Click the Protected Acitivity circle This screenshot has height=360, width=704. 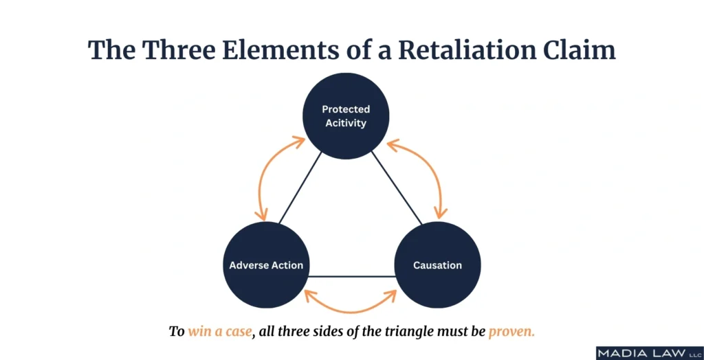346,116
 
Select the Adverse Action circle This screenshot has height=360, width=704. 266,265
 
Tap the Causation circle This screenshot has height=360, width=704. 437,265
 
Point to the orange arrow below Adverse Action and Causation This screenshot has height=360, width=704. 351,311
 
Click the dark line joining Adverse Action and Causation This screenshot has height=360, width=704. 352,276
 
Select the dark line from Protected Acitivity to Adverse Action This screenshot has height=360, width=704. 300,188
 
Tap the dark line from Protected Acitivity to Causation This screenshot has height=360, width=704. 397,188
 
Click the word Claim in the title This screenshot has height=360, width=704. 584,49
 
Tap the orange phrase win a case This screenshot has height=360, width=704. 220,332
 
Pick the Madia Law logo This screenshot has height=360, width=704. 650,352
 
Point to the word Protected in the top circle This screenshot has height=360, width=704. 346,109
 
